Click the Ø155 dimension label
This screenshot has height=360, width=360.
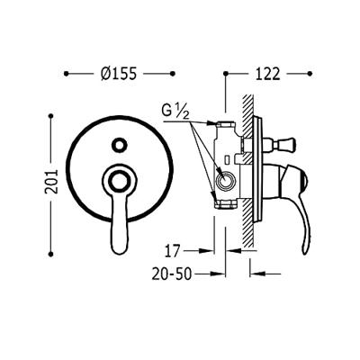[x=119, y=74]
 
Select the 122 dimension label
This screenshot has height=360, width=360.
[x=267, y=74]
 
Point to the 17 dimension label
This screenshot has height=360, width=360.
[x=172, y=251]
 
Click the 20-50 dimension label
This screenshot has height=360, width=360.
[x=171, y=274]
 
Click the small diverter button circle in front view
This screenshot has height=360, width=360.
[x=119, y=145]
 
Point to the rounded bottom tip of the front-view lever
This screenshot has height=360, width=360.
[x=119, y=251]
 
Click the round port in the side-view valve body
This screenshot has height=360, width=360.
[x=225, y=181]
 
